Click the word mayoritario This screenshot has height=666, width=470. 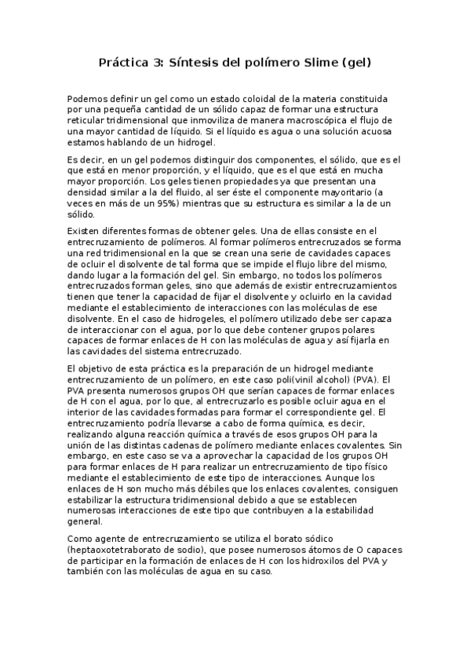[x=330, y=192]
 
